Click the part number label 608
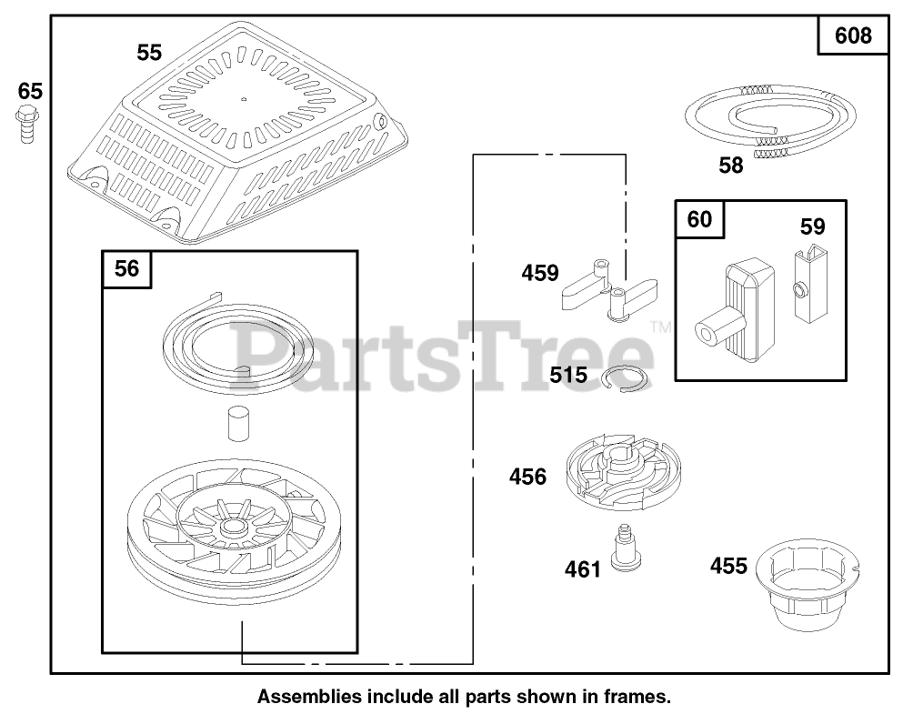tap(852, 35)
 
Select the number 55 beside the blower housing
tap(149, 53)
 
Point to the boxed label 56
tap(127, 269)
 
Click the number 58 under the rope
tap(730, 166)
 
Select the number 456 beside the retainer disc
tap(528, 476)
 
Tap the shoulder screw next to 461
tap(623, 548)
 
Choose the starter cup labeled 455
tap(809, 581)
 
